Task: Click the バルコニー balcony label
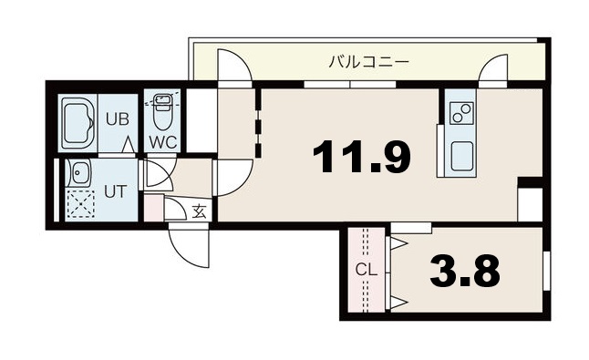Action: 369,62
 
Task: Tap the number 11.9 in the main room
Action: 361,158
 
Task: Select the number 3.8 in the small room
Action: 466,271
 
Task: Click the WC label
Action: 162,141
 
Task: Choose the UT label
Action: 114,191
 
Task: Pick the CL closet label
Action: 365,271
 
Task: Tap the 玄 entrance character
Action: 198,211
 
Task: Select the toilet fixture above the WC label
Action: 162,111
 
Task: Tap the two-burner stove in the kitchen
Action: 460,112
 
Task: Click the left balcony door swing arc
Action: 232,68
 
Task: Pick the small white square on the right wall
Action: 529,203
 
